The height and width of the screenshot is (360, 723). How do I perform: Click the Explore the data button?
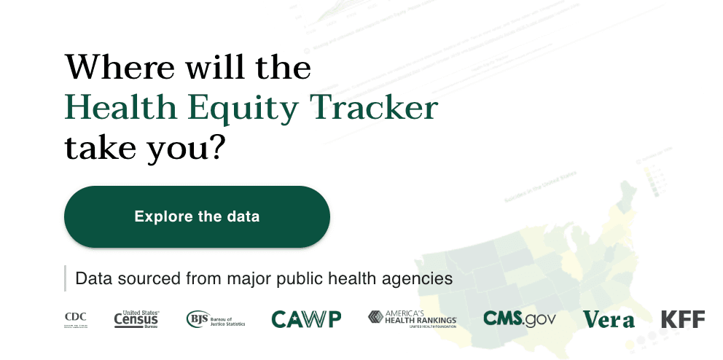pyautogui.click(x=197, y=216)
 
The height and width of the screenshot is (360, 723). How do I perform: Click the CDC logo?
pyautogui.click(x=76, y=319)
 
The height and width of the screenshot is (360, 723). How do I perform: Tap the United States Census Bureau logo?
pyautogui.click(x=136, y=318)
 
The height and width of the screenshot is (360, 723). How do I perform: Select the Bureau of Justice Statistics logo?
pyautogui.click(x=216, y=318)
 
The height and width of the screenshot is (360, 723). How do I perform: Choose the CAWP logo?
pyautogui.click(x=306, y=318)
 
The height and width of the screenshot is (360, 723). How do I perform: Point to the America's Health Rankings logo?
pyautogui.click(x=412, y=318)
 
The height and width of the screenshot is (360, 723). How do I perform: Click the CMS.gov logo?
pyautogui.click(x=519, y=318)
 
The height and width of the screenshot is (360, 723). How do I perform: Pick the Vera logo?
pyautogui.click(x=609, y=319)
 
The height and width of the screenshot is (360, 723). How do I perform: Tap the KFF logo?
pyautogui.click(x=683, y=318)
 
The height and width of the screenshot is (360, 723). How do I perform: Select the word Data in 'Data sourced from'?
pyautogui.click(x=91, y=278)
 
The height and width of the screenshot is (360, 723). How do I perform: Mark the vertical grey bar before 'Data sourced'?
pyautogui.click(x=65, y=278)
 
